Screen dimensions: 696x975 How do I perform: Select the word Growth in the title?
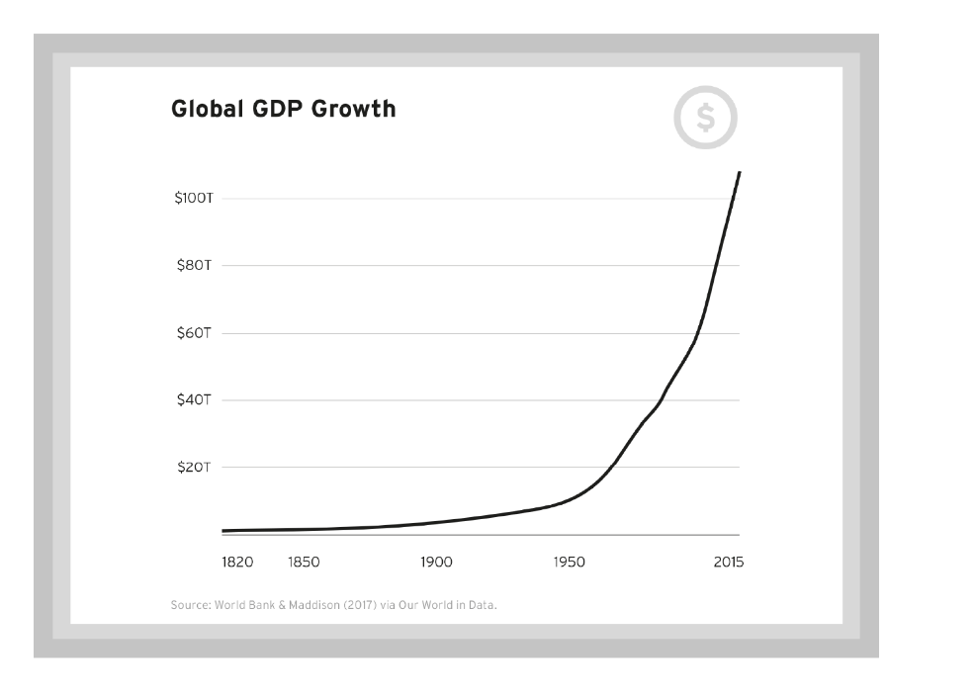(354, 109)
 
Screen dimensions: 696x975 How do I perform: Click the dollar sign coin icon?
(705, 119)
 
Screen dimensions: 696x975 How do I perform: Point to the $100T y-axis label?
(193, 199)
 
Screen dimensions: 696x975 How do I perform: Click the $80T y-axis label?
(193, 266)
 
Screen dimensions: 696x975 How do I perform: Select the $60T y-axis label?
(193, 333)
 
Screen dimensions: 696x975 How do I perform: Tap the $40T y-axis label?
(193, 400)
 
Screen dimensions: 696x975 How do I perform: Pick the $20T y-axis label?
(193, 467)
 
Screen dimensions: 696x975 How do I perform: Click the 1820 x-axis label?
(237, 563)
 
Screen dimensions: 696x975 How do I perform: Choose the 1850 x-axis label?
(304, 563)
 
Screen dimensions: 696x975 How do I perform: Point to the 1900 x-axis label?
(436, 563)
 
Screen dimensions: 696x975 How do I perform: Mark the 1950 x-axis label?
(569, 563)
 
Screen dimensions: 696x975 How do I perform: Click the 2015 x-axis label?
(729, 563)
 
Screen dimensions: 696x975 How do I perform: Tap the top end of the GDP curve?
(739, 173)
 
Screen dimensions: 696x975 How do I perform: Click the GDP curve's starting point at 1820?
(224, 531)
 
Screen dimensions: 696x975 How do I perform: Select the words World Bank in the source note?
(244, 604)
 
